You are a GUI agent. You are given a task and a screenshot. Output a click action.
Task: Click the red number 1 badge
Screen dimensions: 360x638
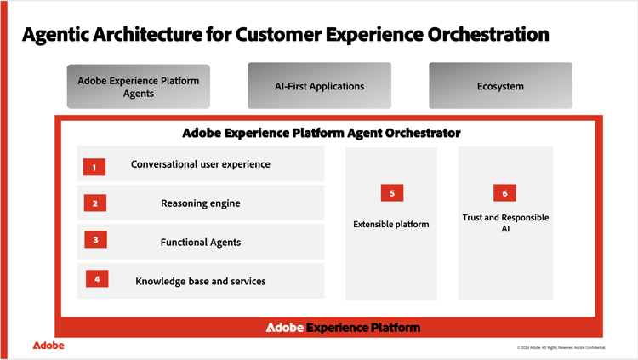[94, 167]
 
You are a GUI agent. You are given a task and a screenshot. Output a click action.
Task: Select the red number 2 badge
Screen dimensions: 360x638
[95, 203]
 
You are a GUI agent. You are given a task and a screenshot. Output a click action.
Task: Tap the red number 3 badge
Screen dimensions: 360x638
[96, 240]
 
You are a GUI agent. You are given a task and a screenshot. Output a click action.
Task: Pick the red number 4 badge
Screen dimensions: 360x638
[97, 278]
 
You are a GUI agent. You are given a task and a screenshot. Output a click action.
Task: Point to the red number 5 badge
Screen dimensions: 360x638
[392, 193]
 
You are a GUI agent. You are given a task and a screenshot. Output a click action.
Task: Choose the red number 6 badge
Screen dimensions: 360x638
[504, 193]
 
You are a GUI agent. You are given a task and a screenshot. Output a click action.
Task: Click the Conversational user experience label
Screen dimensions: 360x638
[200, 164]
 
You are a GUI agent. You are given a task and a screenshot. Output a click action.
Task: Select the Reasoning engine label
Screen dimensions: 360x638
[200, 203]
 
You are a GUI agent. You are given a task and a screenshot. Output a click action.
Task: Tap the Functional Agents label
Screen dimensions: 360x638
[200, 243]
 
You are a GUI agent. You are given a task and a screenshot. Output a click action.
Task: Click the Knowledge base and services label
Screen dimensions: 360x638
[200, 281]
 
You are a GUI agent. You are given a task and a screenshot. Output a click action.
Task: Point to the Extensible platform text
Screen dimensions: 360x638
[391, 225]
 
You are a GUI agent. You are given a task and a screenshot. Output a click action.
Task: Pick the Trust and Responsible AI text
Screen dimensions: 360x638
[505, 223]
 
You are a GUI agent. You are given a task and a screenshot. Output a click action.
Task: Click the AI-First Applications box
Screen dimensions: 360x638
[319, 86]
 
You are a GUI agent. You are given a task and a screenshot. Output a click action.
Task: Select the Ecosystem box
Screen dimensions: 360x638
[500, 86]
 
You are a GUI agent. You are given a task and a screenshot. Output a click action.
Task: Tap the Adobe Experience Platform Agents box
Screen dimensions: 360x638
[139, 86]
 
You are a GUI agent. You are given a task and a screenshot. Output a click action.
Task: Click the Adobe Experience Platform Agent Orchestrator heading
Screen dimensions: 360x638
[322, 133]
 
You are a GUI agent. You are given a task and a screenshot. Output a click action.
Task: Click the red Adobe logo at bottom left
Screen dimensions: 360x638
[48, 346]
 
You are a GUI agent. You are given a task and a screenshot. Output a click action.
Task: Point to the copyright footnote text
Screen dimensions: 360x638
[561, 348]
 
